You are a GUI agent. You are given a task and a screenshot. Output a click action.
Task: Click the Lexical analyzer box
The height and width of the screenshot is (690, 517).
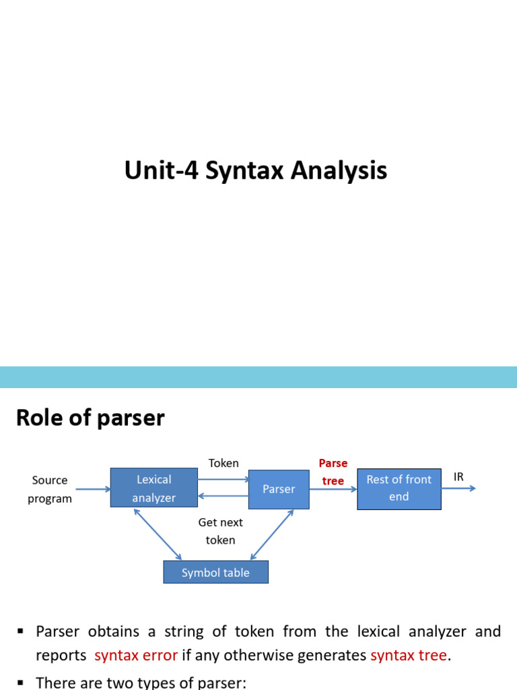(154, 488)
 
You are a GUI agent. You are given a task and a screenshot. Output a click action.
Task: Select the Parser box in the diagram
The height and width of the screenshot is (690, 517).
(279, 489)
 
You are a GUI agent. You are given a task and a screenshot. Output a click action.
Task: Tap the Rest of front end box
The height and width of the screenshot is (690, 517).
(399, 489)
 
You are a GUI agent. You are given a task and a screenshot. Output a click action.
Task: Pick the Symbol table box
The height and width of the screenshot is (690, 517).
(216, 572)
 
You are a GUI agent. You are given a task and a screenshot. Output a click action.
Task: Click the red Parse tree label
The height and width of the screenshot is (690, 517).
(333, 472)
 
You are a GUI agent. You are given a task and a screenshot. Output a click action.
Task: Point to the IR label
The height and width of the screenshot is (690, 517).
(458, 476)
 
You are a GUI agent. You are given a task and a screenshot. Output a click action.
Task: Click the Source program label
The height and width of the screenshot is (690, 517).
(50, 489)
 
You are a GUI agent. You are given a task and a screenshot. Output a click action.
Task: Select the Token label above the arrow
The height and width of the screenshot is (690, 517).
(223, 463)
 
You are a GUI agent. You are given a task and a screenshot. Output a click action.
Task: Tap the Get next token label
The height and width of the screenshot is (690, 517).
(220, 531)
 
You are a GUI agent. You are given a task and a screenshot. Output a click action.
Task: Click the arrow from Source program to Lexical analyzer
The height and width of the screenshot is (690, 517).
(93, 489)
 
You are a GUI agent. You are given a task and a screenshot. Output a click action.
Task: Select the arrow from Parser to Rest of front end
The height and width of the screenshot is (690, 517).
(333, 489)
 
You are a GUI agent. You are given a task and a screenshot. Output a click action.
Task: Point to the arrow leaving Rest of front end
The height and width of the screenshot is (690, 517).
(458, 488)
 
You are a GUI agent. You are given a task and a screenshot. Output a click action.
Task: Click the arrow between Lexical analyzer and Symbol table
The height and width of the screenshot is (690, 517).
(158, 534)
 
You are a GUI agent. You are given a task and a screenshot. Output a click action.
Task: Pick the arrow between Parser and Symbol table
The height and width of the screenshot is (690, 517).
(272, 534)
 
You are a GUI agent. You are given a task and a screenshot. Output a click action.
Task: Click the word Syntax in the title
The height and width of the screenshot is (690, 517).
(244, 170)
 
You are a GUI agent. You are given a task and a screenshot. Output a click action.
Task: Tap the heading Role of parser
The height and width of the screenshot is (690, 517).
(90, 418)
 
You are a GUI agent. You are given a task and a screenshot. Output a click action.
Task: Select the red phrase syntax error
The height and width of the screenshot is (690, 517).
(136, 655)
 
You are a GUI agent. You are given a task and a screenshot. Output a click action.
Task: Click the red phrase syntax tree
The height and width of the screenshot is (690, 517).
(409, 655)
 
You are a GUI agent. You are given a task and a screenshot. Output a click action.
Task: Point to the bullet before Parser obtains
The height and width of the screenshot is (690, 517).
(20, 631)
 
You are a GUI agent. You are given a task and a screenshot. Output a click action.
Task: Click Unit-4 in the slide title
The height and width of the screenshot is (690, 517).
(162, 170)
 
